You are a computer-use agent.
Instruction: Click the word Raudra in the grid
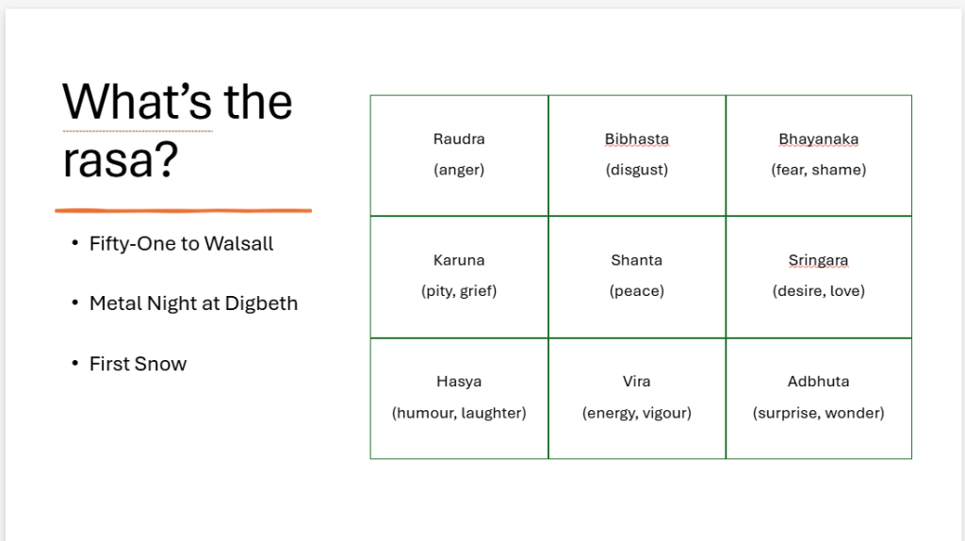[459, 139]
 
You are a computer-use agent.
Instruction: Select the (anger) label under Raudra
[459, 170]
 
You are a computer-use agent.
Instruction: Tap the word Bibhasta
[636, 139]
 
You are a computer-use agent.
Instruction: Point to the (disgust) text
[636, 170]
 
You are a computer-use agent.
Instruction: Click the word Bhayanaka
[818, 139]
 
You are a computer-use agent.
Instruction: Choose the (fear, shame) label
[818, 170]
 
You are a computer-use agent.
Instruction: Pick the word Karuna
[459, 260]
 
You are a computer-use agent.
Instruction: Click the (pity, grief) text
[459, 291]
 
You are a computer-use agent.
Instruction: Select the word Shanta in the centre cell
[636, 260]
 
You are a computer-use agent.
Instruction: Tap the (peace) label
[636, 291]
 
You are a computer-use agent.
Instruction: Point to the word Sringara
[818, 261]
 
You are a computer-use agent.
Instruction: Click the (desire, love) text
[818, 291]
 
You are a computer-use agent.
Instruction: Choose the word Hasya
[459, 383]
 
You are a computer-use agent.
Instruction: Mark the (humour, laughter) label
[459, 413]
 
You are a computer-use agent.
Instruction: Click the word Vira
[636, 382]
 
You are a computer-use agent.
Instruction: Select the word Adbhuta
[818, 382]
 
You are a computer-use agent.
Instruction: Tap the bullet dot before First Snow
[75, 364]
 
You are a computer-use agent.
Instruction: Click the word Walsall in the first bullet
[238, 244]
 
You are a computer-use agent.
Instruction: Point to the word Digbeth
[261, 303]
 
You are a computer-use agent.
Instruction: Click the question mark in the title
[165, 159]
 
